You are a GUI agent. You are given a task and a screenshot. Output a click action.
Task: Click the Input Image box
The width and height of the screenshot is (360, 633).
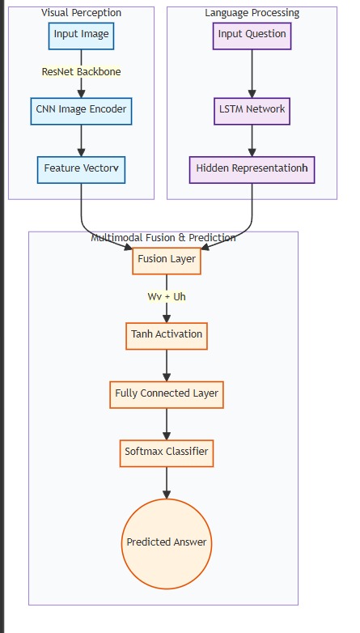(x=81, y=36)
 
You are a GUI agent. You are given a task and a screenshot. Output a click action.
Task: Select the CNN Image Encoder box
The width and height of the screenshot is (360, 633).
(x=81, y=111)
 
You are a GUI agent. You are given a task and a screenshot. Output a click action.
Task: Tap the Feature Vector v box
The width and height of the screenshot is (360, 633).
(x=81, y=170)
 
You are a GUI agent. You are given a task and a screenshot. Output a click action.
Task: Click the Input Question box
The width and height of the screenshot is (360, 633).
(x=252, y=36)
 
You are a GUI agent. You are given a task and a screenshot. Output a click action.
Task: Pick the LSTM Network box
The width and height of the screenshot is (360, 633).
(x=252, y=111)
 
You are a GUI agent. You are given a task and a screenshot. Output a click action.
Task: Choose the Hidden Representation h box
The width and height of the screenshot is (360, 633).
(x=252, y=170)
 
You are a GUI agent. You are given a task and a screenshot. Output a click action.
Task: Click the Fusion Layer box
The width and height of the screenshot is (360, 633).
(x=167, y=261)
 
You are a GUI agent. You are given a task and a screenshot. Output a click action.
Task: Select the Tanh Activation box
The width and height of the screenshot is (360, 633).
(x=167, y=336)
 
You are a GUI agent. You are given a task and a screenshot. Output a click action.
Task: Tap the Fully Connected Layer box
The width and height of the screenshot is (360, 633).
(x=167, y=395)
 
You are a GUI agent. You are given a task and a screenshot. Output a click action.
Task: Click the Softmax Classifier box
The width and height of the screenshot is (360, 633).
(x=167, y=453)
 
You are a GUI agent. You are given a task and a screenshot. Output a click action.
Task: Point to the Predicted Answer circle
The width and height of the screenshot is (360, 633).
(x=167, y=544)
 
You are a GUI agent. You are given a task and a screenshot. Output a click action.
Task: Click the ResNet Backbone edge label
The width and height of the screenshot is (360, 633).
(x=81, y=72)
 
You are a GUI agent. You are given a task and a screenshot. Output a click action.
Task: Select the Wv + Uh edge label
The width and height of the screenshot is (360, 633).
(x=167, y=297)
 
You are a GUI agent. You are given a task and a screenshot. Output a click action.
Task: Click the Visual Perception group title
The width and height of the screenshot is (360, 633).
(x=81, y=12)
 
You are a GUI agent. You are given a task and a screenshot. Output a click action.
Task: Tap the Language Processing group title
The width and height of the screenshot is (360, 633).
(x=252, y=12)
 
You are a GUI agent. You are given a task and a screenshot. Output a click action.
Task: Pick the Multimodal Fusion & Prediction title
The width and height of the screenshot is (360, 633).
(x=163, y=237)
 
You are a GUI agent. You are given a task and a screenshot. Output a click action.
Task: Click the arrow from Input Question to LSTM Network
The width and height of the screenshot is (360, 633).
(x=252, y=74)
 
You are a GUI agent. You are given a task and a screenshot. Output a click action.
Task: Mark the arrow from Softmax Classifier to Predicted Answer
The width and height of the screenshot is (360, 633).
(x=167, y=482)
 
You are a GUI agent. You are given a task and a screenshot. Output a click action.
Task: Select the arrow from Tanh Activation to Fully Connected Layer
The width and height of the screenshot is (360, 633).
(x=167, y=365)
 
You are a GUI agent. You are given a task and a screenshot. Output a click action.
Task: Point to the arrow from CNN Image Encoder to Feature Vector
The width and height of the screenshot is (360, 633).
(x=81, y=141)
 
